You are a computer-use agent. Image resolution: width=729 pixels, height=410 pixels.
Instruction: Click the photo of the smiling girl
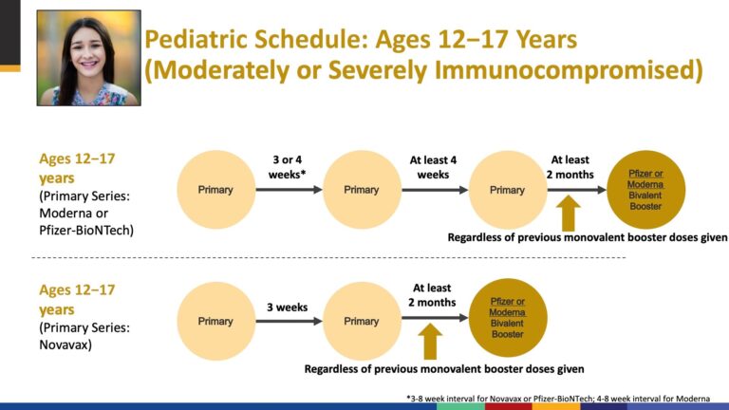click(x=89, y=58)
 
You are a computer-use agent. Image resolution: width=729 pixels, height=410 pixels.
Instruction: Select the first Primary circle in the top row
click(x=215, y=190)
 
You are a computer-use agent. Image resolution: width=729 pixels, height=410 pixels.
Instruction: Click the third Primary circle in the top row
click(x=508, y=190)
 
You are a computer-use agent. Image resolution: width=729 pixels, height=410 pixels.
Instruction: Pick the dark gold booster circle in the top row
click(x=645, y=190)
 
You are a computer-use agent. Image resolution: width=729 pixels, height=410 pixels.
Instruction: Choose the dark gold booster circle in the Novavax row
click(x=508, y=318)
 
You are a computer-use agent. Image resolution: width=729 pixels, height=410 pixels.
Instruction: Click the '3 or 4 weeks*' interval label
click(x=288, y=167)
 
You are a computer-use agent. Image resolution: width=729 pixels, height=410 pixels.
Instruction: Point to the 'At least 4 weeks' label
click(x=433, y=167)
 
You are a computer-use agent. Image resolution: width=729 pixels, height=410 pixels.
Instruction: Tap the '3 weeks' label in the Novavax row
click(x=288, y=307)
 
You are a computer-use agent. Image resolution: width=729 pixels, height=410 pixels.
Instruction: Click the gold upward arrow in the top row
click(x=569, y=213)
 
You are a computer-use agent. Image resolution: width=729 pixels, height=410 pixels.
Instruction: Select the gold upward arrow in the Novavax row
click(x=430, y=342)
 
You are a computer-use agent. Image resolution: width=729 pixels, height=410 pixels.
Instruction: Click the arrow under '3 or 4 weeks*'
click(x=290, y=190)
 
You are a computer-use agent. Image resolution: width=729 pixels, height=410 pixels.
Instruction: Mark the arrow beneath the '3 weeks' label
click(x=290, y=321)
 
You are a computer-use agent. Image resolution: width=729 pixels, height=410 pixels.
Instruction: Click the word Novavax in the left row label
click(x=65, y=345)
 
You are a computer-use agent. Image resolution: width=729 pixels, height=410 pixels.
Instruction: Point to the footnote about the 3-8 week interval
click(x=558, y=399)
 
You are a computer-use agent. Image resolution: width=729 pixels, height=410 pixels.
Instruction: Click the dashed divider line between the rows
click(x=328, y=257)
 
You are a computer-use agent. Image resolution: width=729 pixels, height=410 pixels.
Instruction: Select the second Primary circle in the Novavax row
click(x=362, y=321)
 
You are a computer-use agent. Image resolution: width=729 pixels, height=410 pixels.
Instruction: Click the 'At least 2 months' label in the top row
click(x=570, y=167)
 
